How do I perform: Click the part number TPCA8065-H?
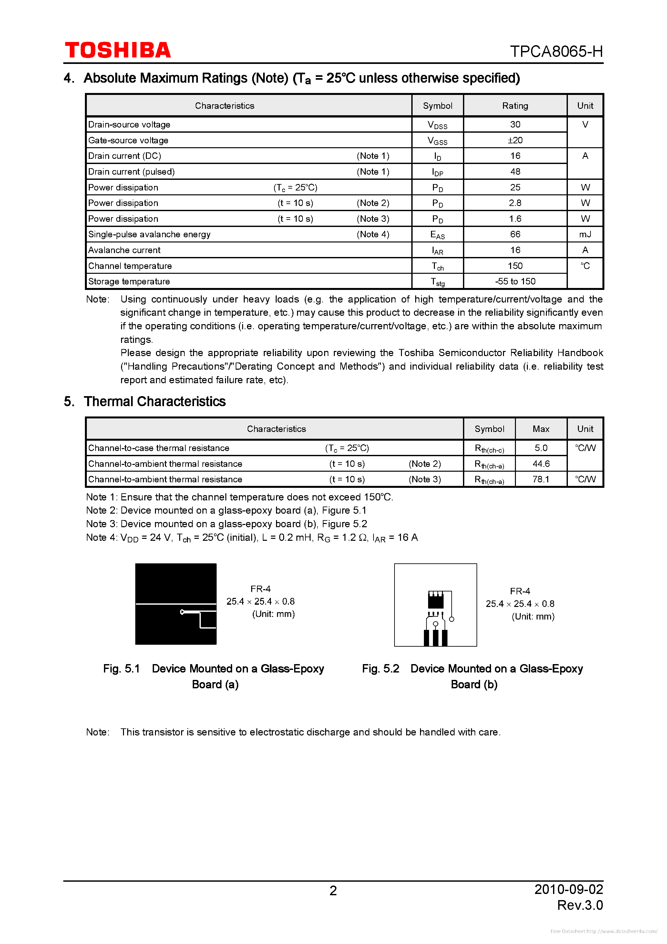point(556,51)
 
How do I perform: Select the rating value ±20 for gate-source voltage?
point(515,140)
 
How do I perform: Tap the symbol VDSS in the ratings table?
point(437,125)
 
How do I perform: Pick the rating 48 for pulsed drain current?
point(515,171)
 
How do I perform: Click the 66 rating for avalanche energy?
point(515,234)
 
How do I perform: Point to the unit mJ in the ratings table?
point(585,234)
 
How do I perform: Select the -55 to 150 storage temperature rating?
point(515,281)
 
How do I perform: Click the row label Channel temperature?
point(130,266)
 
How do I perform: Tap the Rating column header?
point(515,106)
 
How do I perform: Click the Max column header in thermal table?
point(541,429)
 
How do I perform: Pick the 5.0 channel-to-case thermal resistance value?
point(541,448)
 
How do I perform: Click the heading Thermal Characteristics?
point(154,401)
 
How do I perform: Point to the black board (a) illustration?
point(176,604)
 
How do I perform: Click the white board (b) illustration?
point(435,604)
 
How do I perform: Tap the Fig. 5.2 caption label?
point(380,669)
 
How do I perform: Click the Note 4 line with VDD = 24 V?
point(252,537)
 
